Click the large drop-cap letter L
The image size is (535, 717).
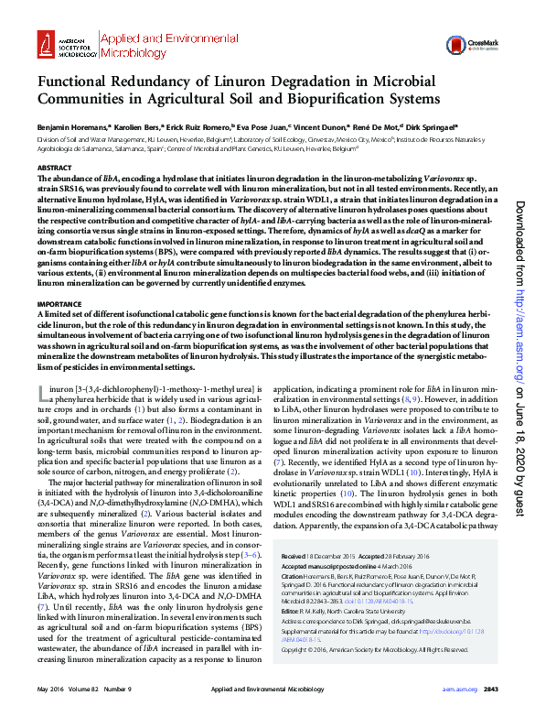42,393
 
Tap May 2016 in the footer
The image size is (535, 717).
49,688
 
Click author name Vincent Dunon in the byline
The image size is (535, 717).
321,127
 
